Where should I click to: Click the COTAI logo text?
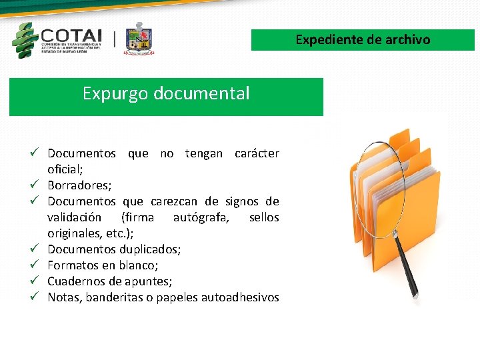(71, 35)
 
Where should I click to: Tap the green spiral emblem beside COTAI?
(25, 40)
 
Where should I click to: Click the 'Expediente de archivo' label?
(363, 39)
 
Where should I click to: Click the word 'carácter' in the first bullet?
(257, 153)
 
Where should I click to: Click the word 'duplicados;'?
(150, 249)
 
